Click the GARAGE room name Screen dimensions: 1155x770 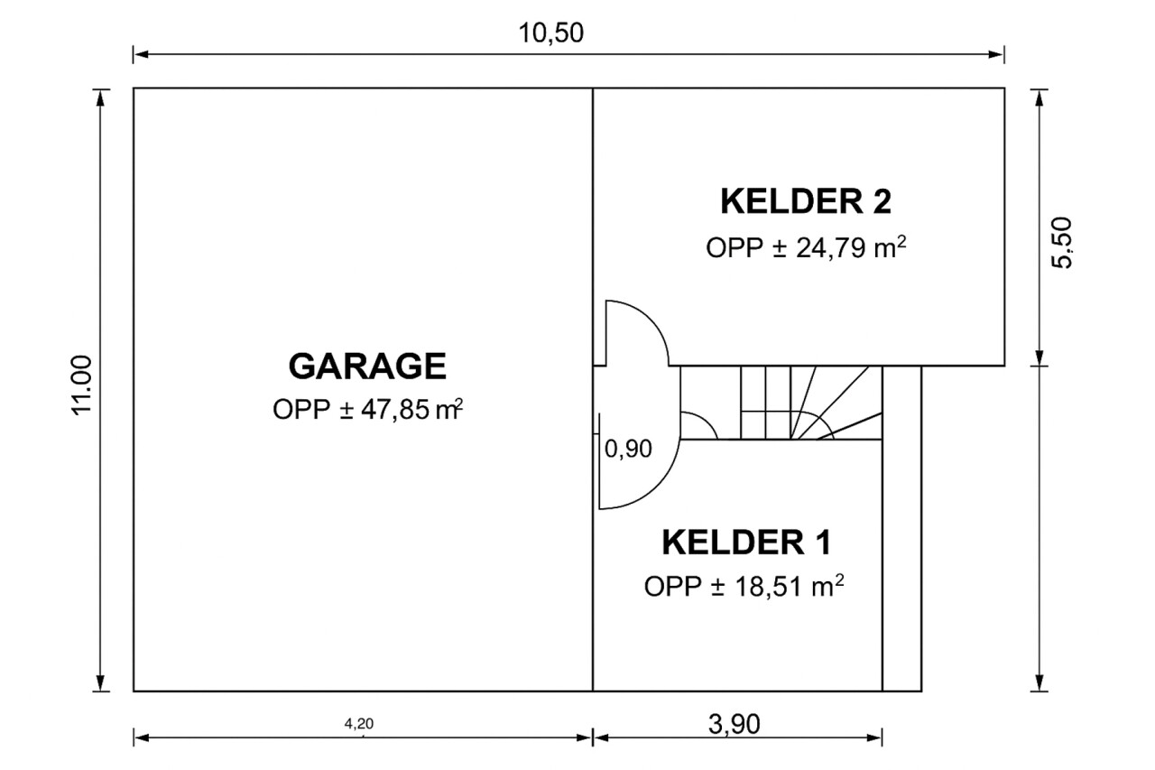coord(367,366)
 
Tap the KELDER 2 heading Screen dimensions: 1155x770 coord(806,201)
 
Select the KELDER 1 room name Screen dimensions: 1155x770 coord(746,542)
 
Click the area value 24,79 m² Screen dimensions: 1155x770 coord(851,248)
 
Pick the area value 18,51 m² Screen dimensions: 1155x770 coord(789,587)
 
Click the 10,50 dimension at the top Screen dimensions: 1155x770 coord(550,33)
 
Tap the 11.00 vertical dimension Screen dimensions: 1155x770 coord(81,385)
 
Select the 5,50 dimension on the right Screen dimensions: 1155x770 coord(1061,243)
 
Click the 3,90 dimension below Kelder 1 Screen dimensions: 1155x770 coord(734,724)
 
